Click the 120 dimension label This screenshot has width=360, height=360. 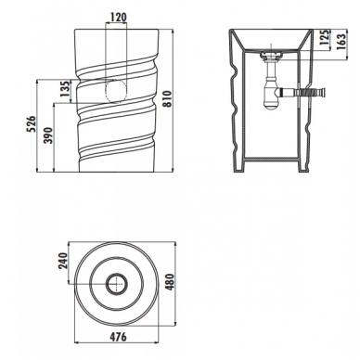pos(116,18)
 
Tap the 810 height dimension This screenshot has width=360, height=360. pos(167,99)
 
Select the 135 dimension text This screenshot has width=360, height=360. pos(65,90)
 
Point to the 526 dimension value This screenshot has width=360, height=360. pos(32,124)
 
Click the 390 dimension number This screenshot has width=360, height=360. pos(49,136)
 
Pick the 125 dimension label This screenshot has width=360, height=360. pos(324,37)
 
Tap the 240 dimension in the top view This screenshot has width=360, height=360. pos(63,262)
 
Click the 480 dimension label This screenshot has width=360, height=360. pos(171,281)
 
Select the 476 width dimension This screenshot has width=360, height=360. pos(118,337)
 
